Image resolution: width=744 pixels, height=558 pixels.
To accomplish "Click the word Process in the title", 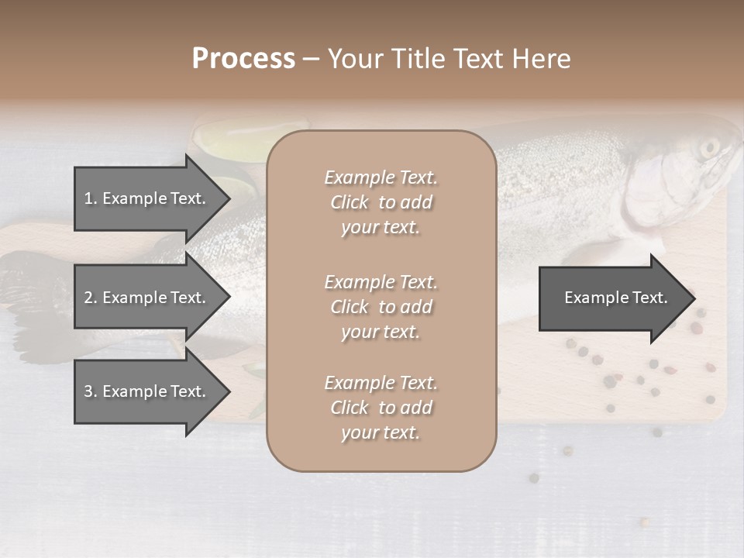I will pos(243,58).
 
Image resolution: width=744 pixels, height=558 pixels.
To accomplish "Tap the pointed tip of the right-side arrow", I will pos(692,298).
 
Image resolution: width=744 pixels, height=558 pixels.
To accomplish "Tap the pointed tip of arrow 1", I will pos(228,198).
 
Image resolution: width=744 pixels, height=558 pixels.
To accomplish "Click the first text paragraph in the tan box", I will pos(381,202).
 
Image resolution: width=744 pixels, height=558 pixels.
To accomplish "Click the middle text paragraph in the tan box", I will pos(381,307).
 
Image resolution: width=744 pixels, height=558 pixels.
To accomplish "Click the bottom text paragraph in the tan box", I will pos(381,408).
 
